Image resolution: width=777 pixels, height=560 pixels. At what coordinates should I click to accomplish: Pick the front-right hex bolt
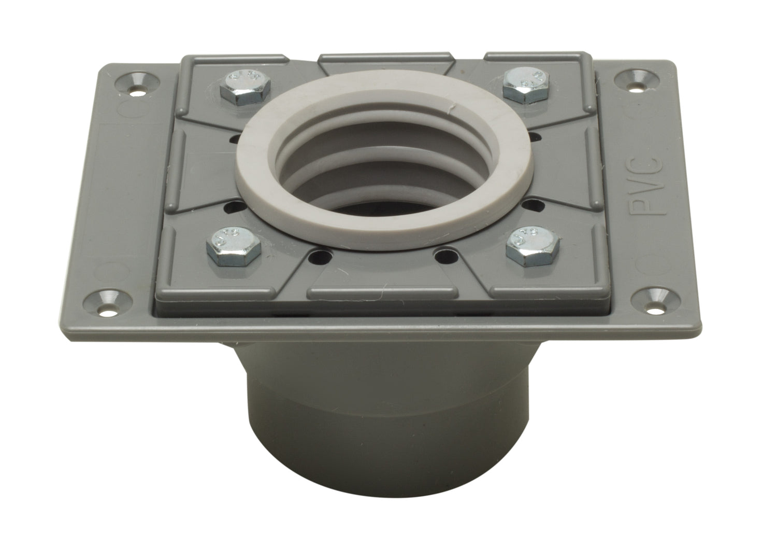point(529,244)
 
